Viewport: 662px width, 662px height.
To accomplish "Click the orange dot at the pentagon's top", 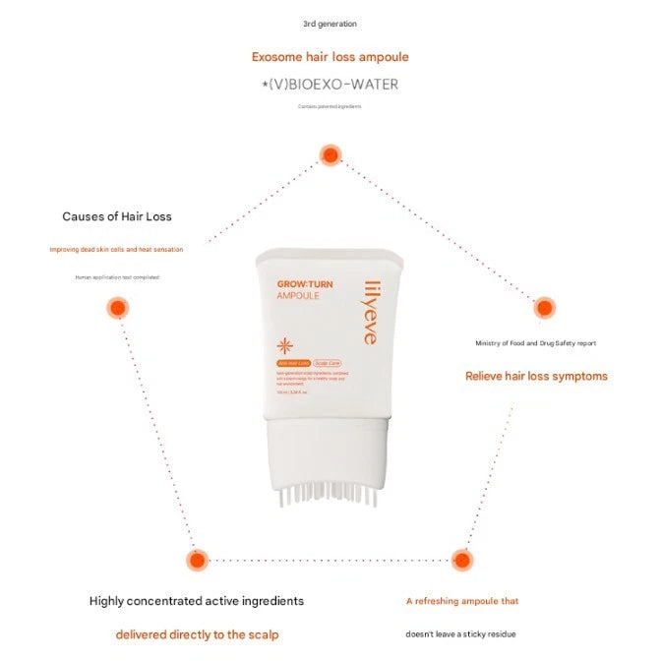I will click(330, 154).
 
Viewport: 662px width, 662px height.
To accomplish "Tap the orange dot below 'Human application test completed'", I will click(117, 308).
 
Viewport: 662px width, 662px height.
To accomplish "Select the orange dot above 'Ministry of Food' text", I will click(545, 308).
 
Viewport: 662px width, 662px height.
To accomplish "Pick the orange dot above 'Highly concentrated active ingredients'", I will click(197, 560).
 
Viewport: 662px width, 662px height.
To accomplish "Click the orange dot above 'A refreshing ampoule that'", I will click(461, 560).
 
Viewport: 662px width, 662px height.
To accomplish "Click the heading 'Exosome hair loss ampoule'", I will click(330, 57).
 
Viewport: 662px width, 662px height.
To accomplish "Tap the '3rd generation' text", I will click(330, 24).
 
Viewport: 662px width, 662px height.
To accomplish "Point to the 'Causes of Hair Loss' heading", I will click(116, 216).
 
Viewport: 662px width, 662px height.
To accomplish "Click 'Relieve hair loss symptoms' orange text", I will click(536, 376).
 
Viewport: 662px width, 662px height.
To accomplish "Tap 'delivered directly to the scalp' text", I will click(197, 634).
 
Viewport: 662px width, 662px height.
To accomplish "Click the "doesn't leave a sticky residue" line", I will click(460, 634).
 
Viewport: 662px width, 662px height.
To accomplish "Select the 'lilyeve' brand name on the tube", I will click(369, 313).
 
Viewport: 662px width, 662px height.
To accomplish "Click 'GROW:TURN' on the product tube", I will click(304, 284).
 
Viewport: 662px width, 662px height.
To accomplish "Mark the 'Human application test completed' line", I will click(116, 277).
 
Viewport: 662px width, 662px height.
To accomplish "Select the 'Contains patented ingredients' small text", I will click(331, 106).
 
